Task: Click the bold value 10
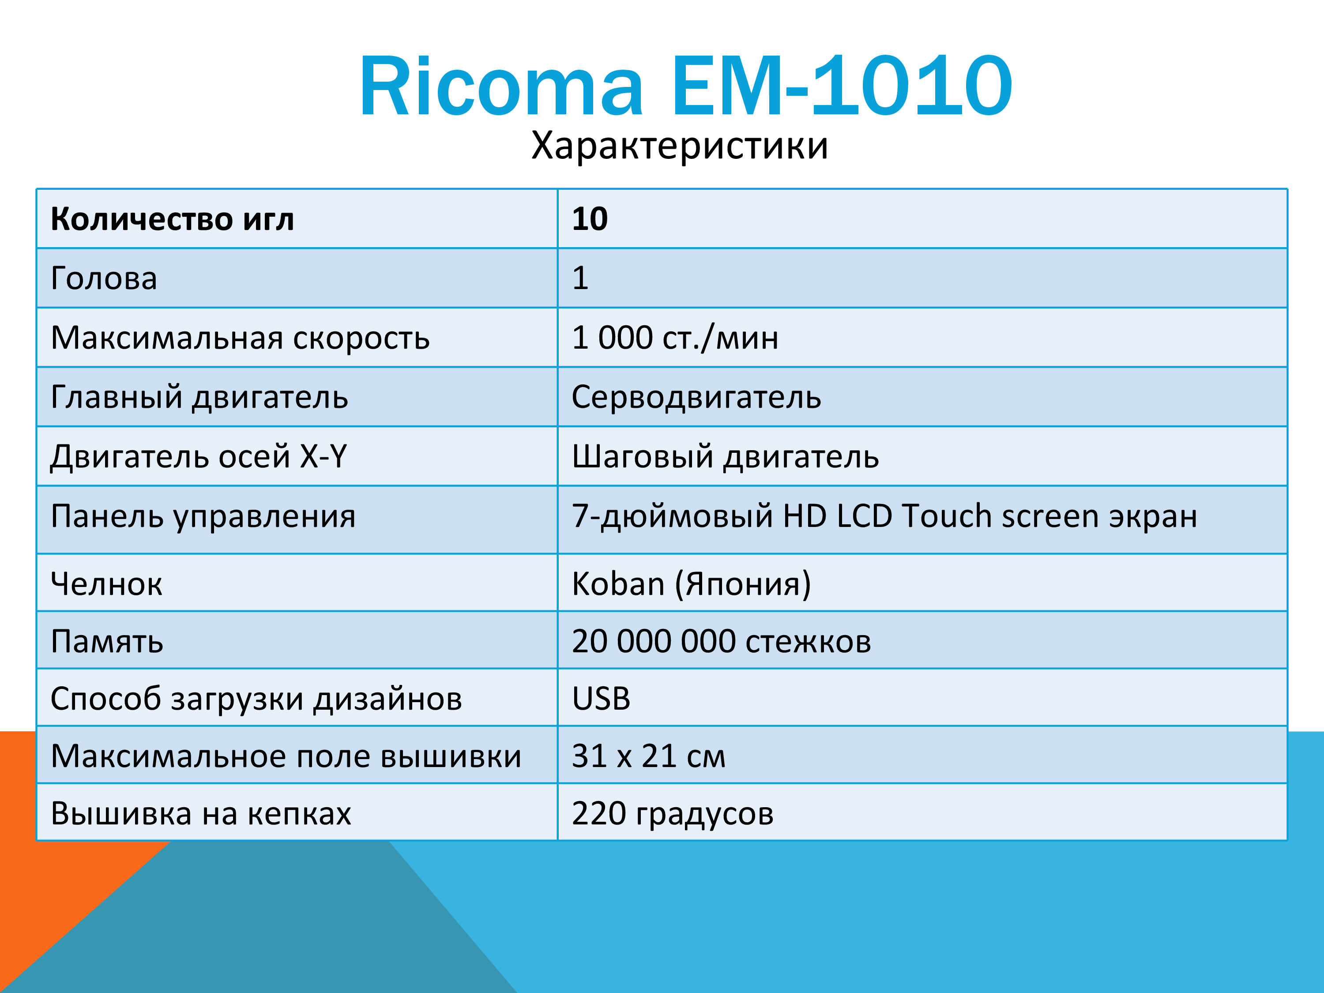pyautogui.click(x=590, y=219)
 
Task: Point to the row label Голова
pyautogui.click(x=104, y=278)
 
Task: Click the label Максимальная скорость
pyautogui.click(x=241, y=338)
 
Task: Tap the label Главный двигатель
pyautogui.click(x=200, y=398)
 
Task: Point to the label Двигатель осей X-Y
pyautogui.click(x=199, y=457)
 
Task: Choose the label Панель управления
pyautogui.click(x=203, y=516)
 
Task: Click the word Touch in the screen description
pyautogui.click(x=947, y=515)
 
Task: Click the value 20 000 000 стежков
pyautogui.click(x=721, y=641)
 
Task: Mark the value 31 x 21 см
pyautogui.click(x=649, y=756)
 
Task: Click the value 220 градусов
pyautogui.click(x=673, y=814)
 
